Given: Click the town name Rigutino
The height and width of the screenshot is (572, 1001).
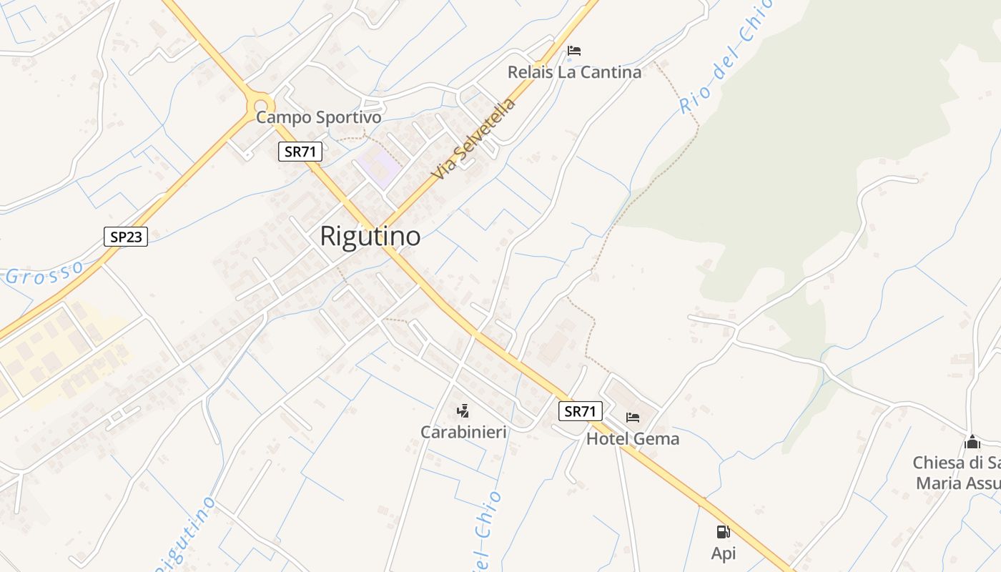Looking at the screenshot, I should [x=370, y=236].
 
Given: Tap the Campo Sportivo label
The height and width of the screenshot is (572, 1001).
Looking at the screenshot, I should [x=318, y=117].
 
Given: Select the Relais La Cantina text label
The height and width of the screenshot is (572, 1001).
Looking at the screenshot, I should [x=574, y=72].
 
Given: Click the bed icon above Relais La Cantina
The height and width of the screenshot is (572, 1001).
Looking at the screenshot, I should [x=573, y=51].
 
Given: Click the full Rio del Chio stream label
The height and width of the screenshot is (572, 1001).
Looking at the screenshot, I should [x=726, y=56].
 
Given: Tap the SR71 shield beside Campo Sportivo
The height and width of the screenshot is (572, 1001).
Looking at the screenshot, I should [x=300, y=152].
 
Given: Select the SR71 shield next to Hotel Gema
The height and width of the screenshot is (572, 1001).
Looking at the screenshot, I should [x=580, y=411].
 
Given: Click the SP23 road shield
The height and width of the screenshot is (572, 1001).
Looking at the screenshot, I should [x=126, y=237].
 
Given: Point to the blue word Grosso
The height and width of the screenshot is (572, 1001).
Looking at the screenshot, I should [x=44, y=272].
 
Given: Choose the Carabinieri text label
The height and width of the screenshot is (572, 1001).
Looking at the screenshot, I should [x=463, y=432].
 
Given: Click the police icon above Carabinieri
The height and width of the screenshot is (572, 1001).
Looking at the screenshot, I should [x=463, y=411].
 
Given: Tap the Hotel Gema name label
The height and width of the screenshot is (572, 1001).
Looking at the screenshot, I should [x=633, y=438].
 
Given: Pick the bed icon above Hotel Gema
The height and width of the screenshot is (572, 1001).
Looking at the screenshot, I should [x=632, y=418].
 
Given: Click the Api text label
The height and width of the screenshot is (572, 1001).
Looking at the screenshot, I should [x=724, y=553].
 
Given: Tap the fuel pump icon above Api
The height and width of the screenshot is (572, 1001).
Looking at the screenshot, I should [x=723, y=532].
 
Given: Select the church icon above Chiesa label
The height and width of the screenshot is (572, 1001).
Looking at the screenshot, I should [x=972, y=441].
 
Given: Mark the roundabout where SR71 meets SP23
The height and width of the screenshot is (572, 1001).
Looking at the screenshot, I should [x=260, y=107].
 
